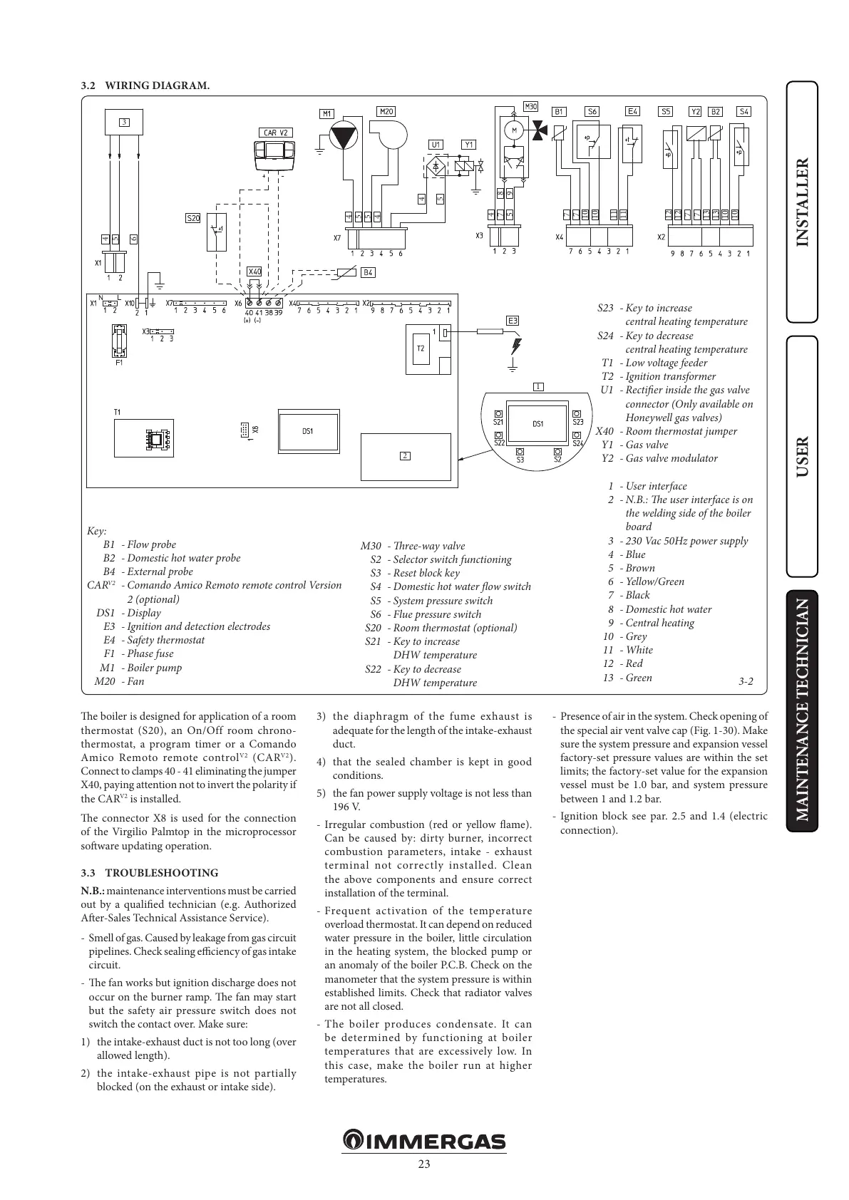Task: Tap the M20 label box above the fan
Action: click(386, 111)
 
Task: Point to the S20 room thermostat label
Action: click(193, 218)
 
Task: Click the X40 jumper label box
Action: click(254, 271)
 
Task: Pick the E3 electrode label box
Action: click(513, 321)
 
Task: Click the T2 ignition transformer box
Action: click(420, 348)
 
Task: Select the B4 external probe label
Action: click(368, 272)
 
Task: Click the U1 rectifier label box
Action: click(436, 145)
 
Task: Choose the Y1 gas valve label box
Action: click(468, 145)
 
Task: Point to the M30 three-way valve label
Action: click(530, 106)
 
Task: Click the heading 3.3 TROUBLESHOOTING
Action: click(150, 873)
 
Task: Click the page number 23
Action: click(424, 1165)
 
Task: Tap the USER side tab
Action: click(803, 456)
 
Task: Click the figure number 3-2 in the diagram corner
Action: click(746, 681)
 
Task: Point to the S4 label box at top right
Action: click(743, 111)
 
